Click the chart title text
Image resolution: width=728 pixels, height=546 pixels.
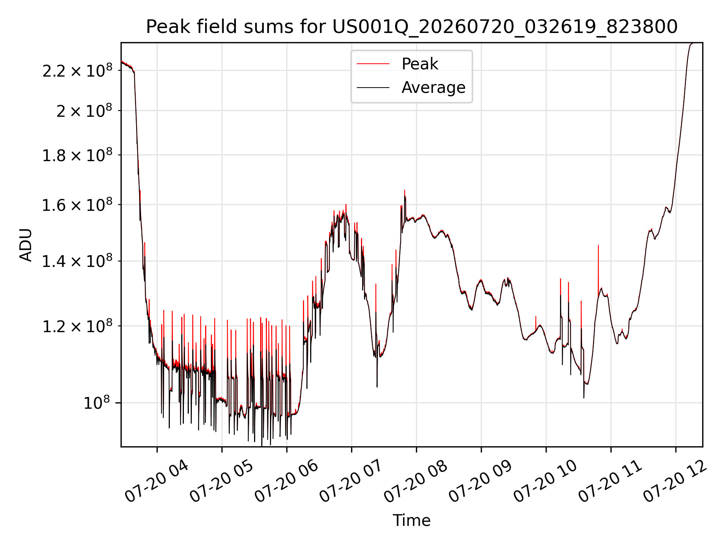click(412, 27)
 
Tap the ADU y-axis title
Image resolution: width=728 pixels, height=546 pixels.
click(26, 245)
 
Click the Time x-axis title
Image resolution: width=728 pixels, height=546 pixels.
click(411, 521)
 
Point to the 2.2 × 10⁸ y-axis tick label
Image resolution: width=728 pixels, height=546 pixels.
click(77, 71)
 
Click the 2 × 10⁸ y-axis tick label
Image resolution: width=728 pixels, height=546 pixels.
click(85, 111)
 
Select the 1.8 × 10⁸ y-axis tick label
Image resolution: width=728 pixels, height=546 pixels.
click(77, 155)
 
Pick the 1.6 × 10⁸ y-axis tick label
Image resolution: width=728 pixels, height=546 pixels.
click(77, 205)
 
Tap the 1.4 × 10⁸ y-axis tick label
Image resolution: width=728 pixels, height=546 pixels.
click(77, 261)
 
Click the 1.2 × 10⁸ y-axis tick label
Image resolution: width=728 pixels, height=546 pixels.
click(77, 326)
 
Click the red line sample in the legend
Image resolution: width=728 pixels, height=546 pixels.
click(373, 64)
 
